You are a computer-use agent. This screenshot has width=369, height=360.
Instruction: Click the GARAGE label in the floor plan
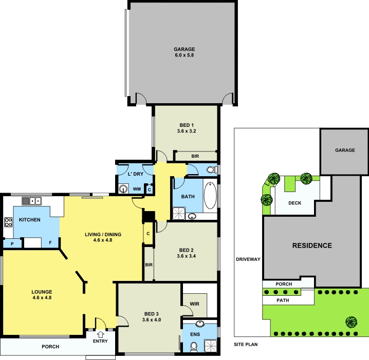pyautogui.click(x=184, y=49)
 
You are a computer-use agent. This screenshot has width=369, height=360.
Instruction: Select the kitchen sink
pyautogui.click(x=31, y=201)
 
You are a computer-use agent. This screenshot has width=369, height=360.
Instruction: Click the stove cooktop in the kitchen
pyautogui.click(x=8, y=222)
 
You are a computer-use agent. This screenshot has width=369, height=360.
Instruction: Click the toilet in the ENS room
pyautogui.click(x=194, y=347)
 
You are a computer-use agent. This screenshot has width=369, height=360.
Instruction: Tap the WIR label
pyautogui.click(x=194, y=304)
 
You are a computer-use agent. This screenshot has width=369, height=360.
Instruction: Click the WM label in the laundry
pyautogui.click(x=137, y=189)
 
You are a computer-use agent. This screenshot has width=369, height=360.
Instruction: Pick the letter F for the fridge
pyautogui.click(x=50, y=242)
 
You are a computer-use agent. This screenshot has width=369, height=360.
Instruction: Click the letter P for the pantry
pyautogui.click(x=12, y=244)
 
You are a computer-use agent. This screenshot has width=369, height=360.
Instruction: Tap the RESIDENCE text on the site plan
pyautogui.click(x=312, y=245)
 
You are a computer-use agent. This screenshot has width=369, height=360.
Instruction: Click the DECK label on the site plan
pyautogui.click(x=294, y=203)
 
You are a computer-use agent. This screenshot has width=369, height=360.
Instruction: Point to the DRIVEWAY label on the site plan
pyautogui.click(x=248, y=259)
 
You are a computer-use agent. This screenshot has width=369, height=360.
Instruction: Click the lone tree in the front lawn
pyautogui.click(x=352, y=322)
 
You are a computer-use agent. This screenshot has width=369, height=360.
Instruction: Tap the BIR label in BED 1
pyautogui.click(x=195, y=156)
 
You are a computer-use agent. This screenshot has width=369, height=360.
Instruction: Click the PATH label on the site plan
pyautogui.click(x=283, y=300)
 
